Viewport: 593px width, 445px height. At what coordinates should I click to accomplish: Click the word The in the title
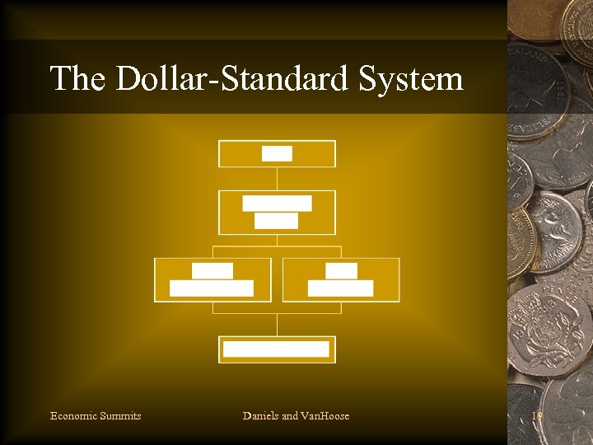click(78, 79)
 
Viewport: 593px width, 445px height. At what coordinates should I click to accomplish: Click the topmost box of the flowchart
click(277, 153)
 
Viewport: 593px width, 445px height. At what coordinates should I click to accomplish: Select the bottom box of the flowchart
click(277, 349)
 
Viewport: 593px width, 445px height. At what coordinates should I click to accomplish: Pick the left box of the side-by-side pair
click(212, 279)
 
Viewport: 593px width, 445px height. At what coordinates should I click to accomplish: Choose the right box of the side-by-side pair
click(341, 279)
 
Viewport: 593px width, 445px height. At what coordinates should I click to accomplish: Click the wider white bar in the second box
click(277, 203)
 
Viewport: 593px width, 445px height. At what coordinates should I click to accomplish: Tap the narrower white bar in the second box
click(276, 220)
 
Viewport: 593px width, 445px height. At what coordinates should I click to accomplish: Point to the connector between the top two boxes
click(277, 178)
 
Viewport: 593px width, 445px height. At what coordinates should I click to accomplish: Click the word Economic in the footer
click(73, 415)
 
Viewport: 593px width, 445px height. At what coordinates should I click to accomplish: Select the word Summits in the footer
click(120, 415)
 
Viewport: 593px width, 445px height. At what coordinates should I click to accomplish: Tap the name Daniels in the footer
click(261, 415)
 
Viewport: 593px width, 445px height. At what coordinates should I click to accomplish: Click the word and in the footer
click(291, 415)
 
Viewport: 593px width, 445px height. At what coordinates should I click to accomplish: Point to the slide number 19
click(538, 415)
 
